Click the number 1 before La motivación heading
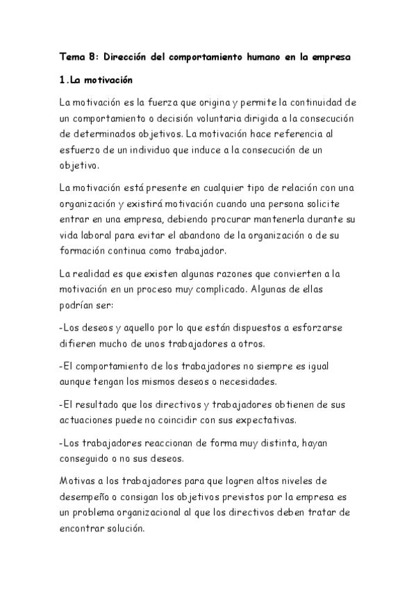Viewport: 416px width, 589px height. click(63, 81)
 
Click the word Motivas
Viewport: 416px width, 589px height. click(80, 481)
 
